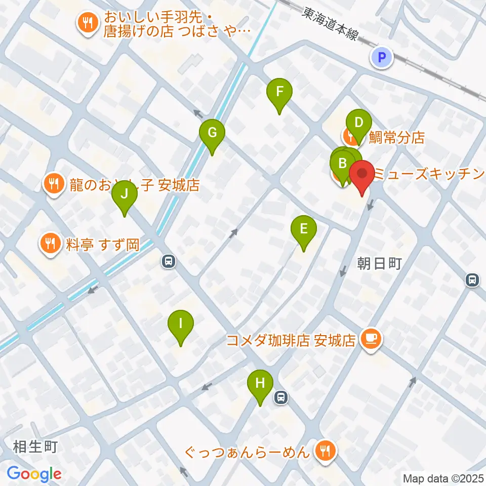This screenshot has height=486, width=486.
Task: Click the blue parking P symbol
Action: (x=382, y=57)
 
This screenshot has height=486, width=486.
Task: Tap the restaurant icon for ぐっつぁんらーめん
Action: (x=323, y=450)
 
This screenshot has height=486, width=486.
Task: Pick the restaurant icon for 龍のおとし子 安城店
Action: (x=54, y=183)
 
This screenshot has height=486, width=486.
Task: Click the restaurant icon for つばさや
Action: (x=87, y=22)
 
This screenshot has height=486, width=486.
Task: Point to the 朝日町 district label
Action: (x=379, y=264)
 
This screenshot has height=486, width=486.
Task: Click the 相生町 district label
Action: (x=36, y=447)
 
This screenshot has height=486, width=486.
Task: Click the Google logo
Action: (x=34, y=474)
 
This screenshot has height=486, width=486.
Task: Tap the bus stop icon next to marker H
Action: (x=280, y=398)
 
